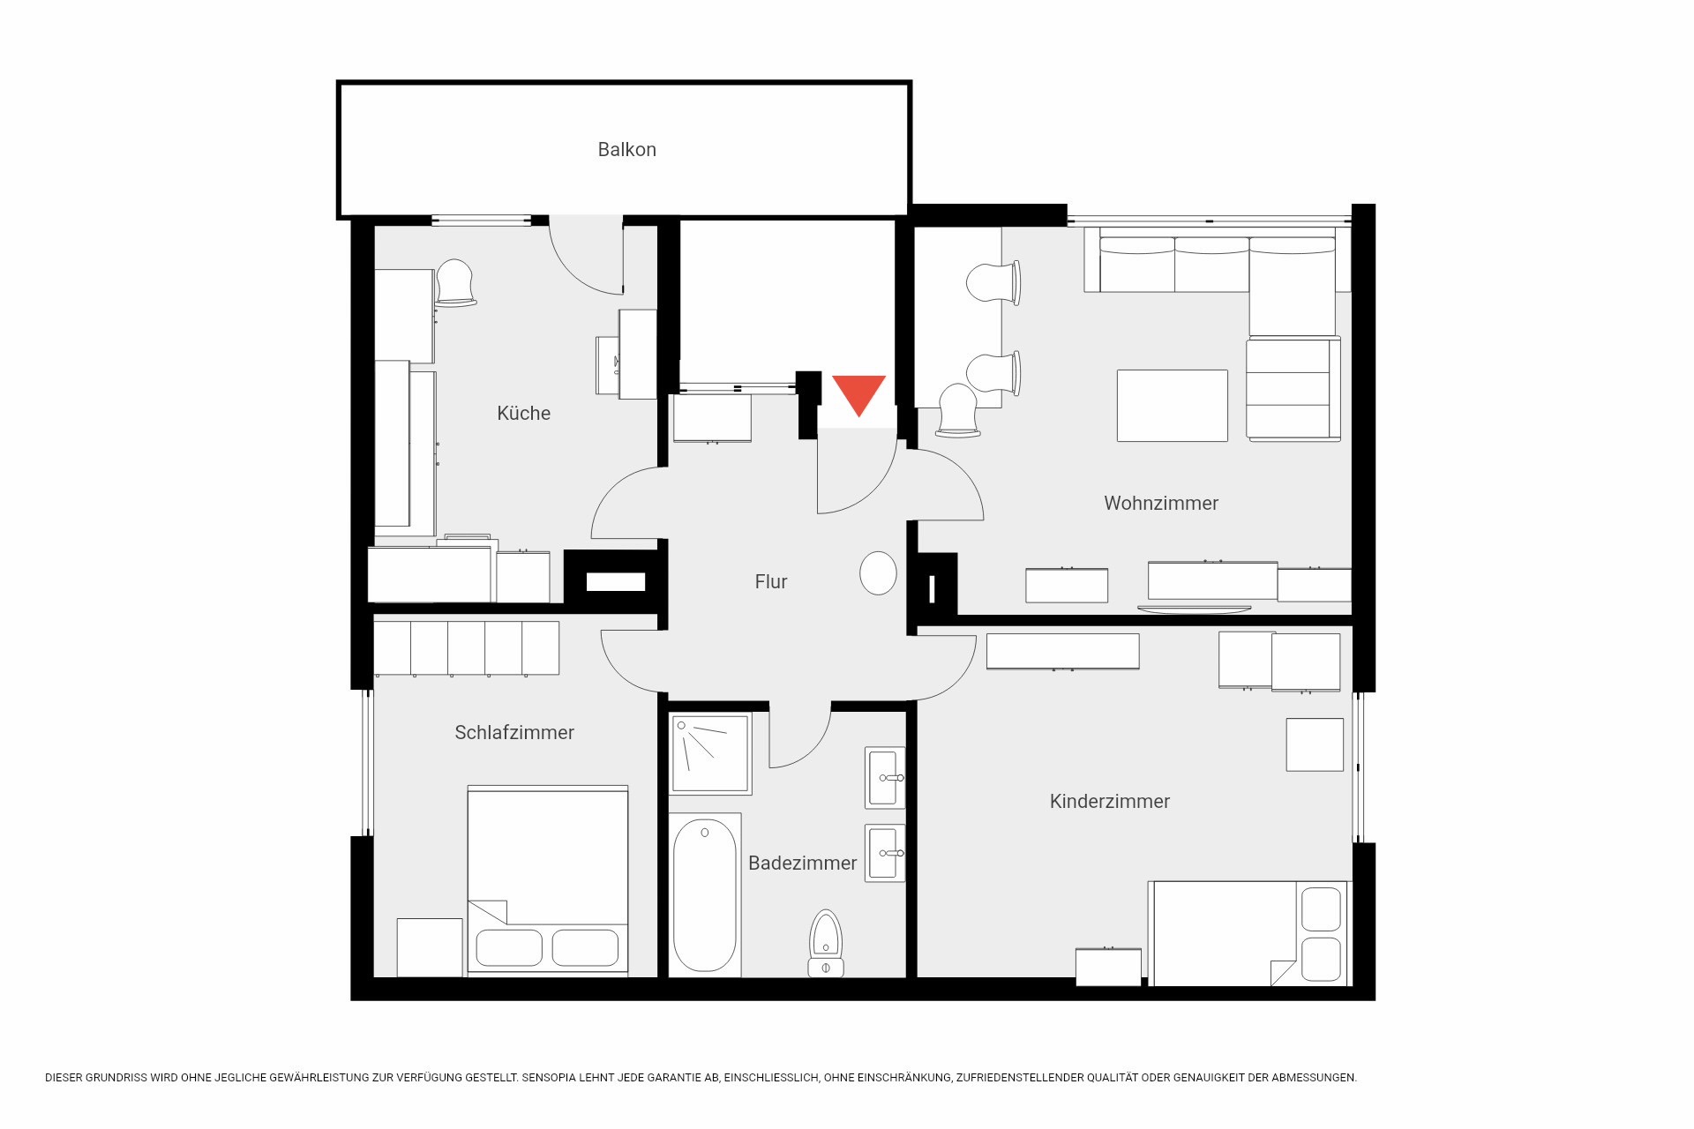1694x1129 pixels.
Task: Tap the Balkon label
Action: (x=627, y=150)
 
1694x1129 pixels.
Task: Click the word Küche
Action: (x=524, y=413)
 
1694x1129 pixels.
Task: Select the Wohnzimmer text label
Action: (x=1161, y=503)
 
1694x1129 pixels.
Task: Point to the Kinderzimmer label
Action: (x=1110, y=801)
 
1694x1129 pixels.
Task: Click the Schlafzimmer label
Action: (x=514, y=732)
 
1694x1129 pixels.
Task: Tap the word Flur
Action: (x=771, y=581)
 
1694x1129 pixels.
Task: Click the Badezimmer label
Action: (x=803, y=863)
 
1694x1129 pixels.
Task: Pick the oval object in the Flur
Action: (x=878, y=573)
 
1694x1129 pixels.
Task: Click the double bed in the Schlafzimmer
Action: (x=548, y=879)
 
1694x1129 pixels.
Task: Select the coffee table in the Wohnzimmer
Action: (x=1173, y=406)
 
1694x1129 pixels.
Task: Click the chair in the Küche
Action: (x=456, y=282)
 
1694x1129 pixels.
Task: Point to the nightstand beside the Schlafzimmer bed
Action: (x=430, y=947)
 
